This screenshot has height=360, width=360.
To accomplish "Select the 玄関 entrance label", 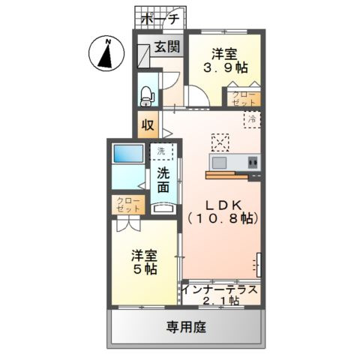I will coord(166,46).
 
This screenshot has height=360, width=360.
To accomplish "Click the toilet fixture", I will coord(146,94).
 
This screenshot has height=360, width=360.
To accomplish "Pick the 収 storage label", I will coord(147,125).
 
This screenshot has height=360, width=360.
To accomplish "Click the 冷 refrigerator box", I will coord(253,118).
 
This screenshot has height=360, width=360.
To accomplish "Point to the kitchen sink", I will coord(222,162).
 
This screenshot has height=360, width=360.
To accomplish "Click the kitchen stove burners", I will coord(252,162).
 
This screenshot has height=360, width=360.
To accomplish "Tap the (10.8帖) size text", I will coord(223,218).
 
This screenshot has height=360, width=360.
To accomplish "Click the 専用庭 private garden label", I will coord(185,327).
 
